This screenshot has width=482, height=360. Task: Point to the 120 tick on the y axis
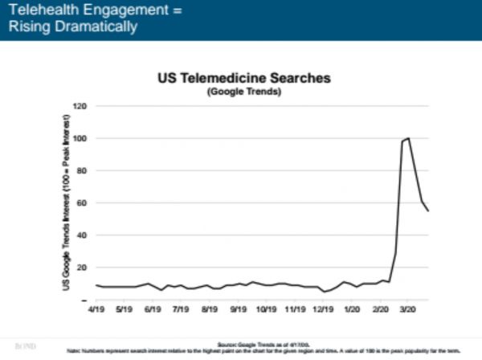tap(80, 106)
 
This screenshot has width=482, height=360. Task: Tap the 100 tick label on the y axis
tap(80, 138)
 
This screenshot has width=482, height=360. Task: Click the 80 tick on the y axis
tap(81, 170)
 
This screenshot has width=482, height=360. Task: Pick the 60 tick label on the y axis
tap(81, 202)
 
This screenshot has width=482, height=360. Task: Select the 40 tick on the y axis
tap(81, 235)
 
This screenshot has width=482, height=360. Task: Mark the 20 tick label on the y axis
tap(81, 267)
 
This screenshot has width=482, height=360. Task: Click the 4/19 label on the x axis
tap(96, 308)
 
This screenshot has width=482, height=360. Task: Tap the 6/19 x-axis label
tap(151, 308)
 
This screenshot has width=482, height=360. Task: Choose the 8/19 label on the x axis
tap(210, 308)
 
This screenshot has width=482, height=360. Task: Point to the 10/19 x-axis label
tap(266, 308)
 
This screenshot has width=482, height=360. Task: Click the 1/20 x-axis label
tap(351, 308)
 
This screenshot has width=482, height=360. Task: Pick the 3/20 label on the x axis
tap(407, 308)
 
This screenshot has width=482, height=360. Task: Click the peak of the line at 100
tap(409, 138)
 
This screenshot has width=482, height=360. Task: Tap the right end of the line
tap(428, 211)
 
